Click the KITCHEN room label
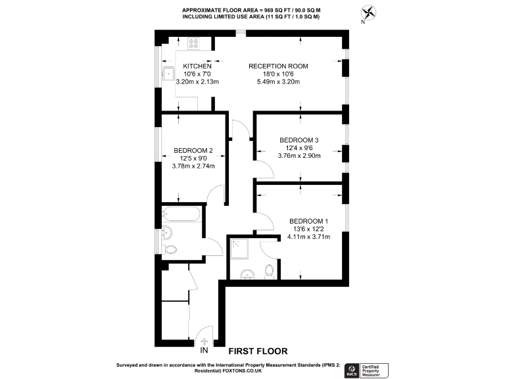pyautogui.click(x=197, y=66)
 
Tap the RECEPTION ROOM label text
pyautogui.click(x=278, y=66)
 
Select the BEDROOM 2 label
pyautogui.click(x=193, y=150)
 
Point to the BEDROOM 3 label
pyautogui.click(x=299, y=140)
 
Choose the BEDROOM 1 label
pyautogui.click(x=308, y=220)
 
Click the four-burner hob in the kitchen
pyautogui.click(x=194, y=44)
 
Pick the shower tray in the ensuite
pyautogui.click(x=239, y=249)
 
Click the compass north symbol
pyautogui.click(x=370, y=13)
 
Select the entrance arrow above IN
pyautogui.click(x=204, y=341)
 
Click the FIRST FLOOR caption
pyautogui.click(x=258, y=351)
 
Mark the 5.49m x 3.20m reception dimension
pyautogui.click(x=278, y=82)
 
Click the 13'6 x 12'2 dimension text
pyautogui.click(x=308, y=229)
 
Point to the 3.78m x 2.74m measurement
pyautogui.click(x=193, y=166)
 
